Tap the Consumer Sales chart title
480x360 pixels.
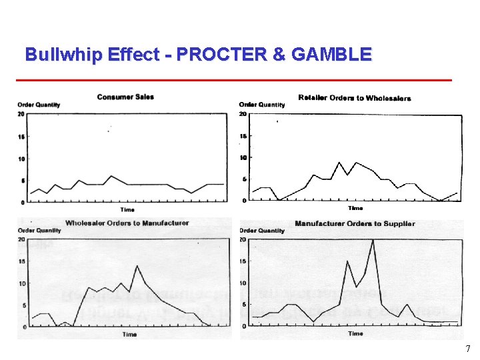click(125, 97)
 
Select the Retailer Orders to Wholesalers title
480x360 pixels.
click(355, 98)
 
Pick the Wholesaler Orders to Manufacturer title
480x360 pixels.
click(127, 223)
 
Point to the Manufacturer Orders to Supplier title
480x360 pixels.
click(355, 224)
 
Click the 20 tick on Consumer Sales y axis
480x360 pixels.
click(21, 114)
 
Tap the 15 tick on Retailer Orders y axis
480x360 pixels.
click(243, 136)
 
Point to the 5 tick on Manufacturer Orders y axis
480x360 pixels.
click(243, 305)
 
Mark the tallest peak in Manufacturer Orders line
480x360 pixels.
click(373, 240)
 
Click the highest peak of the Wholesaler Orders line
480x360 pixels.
click(137, 266)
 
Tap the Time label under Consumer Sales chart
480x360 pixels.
click(127, 210)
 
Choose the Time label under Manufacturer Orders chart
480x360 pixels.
click(355, 333)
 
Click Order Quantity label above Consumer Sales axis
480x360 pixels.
click(39, 105)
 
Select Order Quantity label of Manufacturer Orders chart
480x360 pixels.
click(261, 231)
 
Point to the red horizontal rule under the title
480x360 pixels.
click(233, 81)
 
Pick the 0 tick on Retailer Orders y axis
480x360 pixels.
click(243, 200)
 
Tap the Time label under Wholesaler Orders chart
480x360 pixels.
click(129, 334)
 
